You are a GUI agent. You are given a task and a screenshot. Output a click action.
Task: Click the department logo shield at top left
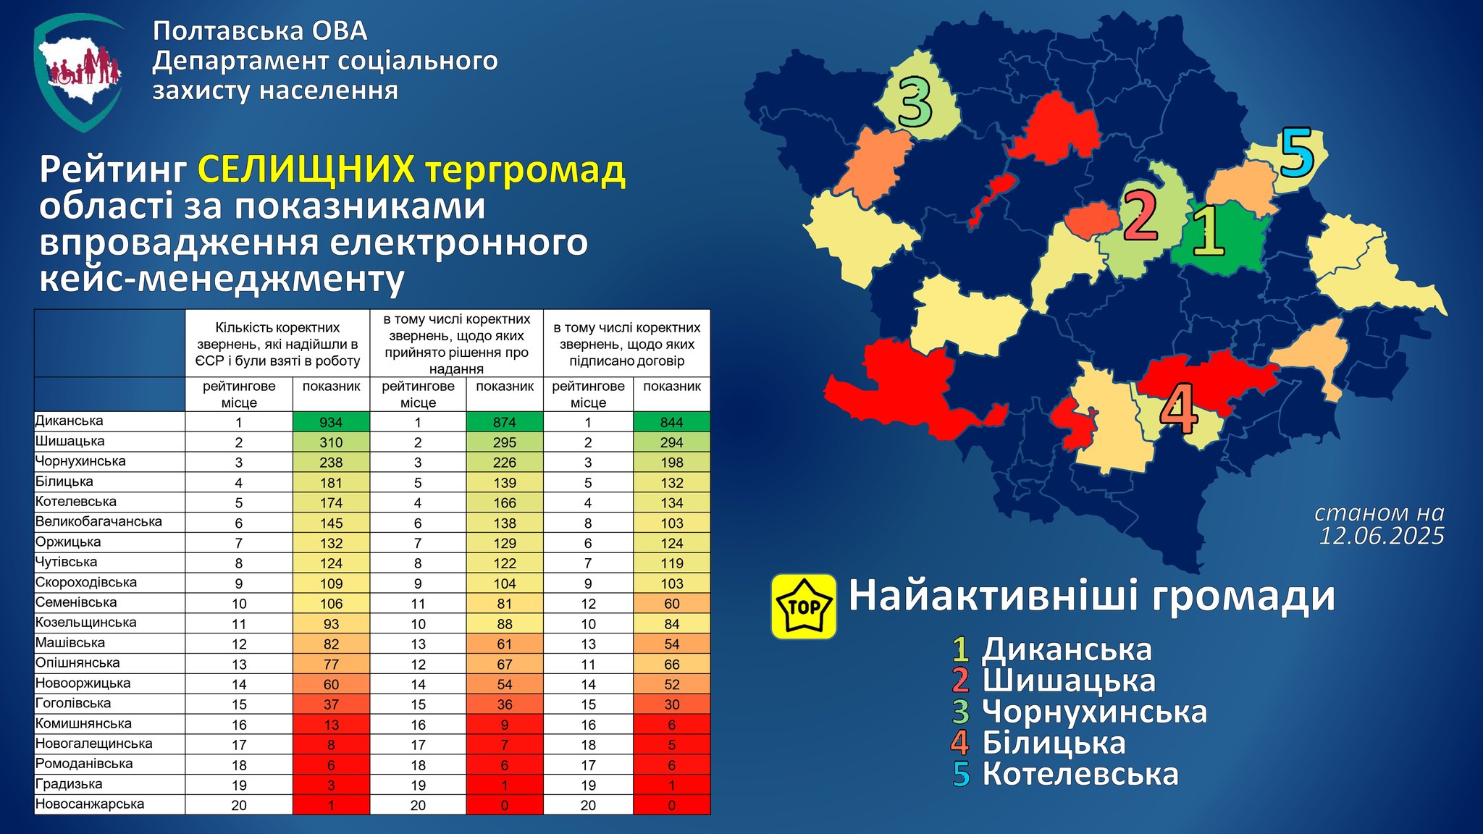coord(79,72)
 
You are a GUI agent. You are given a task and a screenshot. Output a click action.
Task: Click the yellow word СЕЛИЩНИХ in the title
coord(306,169)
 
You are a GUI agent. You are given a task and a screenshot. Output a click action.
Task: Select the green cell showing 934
coord(331,422)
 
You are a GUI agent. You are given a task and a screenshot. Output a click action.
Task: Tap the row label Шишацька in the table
coord(70,441)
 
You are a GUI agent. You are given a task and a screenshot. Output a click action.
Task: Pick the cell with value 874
coord(504,422)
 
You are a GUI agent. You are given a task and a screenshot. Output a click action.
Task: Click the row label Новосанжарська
coord(90,804)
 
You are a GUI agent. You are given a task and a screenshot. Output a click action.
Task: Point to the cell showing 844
coord(671,422)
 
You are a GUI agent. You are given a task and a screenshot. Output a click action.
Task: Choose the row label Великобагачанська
coord(98,521)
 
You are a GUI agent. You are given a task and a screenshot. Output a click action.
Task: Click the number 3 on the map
coord(915,102)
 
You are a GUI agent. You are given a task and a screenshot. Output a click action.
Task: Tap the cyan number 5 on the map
coord(1297,153)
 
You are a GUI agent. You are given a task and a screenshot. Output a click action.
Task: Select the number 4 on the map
coord(1179,408)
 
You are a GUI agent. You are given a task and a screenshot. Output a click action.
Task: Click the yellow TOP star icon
coord(804,607)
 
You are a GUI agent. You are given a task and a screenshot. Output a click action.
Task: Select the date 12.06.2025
coord(1382,536)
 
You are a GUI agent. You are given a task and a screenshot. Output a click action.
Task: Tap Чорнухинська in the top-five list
coord(1094,712)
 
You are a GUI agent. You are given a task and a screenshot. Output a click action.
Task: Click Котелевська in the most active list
coord(1080,774)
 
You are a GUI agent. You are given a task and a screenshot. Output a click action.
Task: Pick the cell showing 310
coord(331,442)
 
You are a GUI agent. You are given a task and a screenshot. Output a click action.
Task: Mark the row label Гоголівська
coord(73,703)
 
